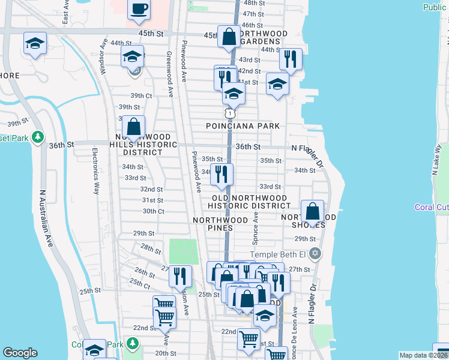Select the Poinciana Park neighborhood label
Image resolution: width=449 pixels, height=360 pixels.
click(x=243, y=126)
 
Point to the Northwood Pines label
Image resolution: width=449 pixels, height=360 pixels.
click(x=220, y=224)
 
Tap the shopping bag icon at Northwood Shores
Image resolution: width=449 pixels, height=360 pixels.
click(x=312, y=212)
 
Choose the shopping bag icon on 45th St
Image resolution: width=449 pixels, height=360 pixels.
click(x=229, y=37)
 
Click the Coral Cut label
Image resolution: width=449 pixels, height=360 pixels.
click(x=431, y=208)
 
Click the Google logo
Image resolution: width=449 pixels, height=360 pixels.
click(x=20, y=352)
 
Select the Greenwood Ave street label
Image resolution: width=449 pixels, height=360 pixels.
click(x=170, y=74)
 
